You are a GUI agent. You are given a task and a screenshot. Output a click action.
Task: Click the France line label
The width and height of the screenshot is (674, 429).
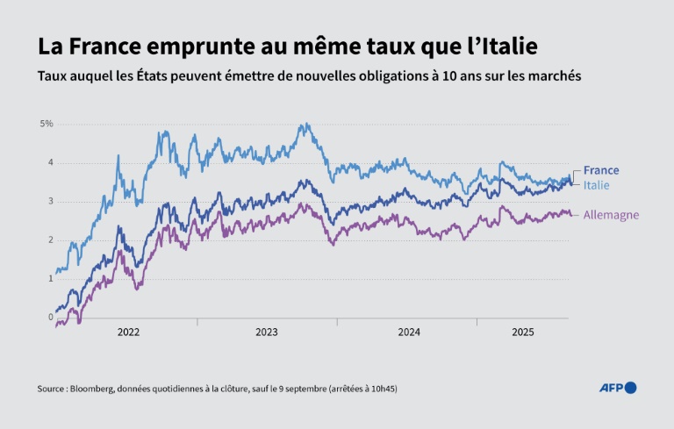[601, 170]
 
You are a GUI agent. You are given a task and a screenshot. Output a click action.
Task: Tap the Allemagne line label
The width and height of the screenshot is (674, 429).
[612, 215]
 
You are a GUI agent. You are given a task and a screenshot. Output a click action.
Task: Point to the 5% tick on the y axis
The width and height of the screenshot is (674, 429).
[47, 124]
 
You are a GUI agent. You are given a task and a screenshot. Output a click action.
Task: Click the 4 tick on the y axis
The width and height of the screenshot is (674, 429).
[50, 162]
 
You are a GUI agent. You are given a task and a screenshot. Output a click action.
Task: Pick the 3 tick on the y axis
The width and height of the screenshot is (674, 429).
[50, 201]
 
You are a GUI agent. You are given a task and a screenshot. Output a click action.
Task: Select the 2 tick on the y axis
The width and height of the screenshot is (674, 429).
[50, 240]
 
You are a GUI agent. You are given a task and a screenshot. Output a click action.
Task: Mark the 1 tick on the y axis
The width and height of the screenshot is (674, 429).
[50, 278]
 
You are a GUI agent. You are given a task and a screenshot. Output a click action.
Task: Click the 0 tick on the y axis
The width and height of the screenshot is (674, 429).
[50, 317]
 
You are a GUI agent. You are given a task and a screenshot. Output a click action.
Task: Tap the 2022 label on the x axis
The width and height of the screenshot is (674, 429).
[128, 332]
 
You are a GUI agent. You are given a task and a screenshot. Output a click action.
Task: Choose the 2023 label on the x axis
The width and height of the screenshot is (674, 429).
[267, 332]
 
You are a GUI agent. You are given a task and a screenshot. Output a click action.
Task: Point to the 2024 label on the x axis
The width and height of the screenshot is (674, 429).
[409, 332]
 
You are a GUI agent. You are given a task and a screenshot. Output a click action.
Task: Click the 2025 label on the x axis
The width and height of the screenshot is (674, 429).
[523, 332]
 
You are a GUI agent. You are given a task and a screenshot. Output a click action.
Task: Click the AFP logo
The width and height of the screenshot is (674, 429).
[618, 388]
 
